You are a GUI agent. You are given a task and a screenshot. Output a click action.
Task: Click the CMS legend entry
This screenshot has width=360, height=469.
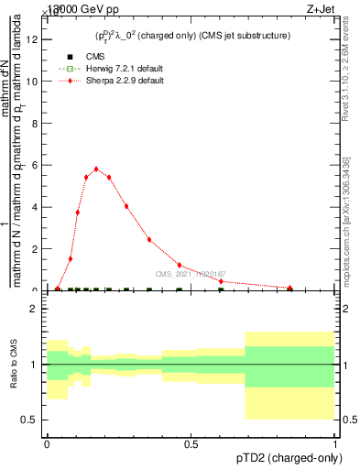95,57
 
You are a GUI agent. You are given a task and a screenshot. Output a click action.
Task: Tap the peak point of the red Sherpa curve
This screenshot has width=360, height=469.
96,169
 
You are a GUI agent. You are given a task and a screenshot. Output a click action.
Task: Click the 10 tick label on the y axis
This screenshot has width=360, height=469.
35,82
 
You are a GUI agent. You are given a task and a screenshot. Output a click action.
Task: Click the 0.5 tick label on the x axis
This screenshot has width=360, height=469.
191,443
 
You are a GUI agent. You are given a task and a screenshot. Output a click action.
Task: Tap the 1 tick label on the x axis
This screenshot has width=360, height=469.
334,443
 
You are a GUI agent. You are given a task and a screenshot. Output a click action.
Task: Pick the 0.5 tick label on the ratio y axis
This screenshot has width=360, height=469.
30,420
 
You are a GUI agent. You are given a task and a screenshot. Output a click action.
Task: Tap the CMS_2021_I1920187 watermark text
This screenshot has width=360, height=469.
190,273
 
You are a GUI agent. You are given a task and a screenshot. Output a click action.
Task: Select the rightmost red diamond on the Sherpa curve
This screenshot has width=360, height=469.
289,288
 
